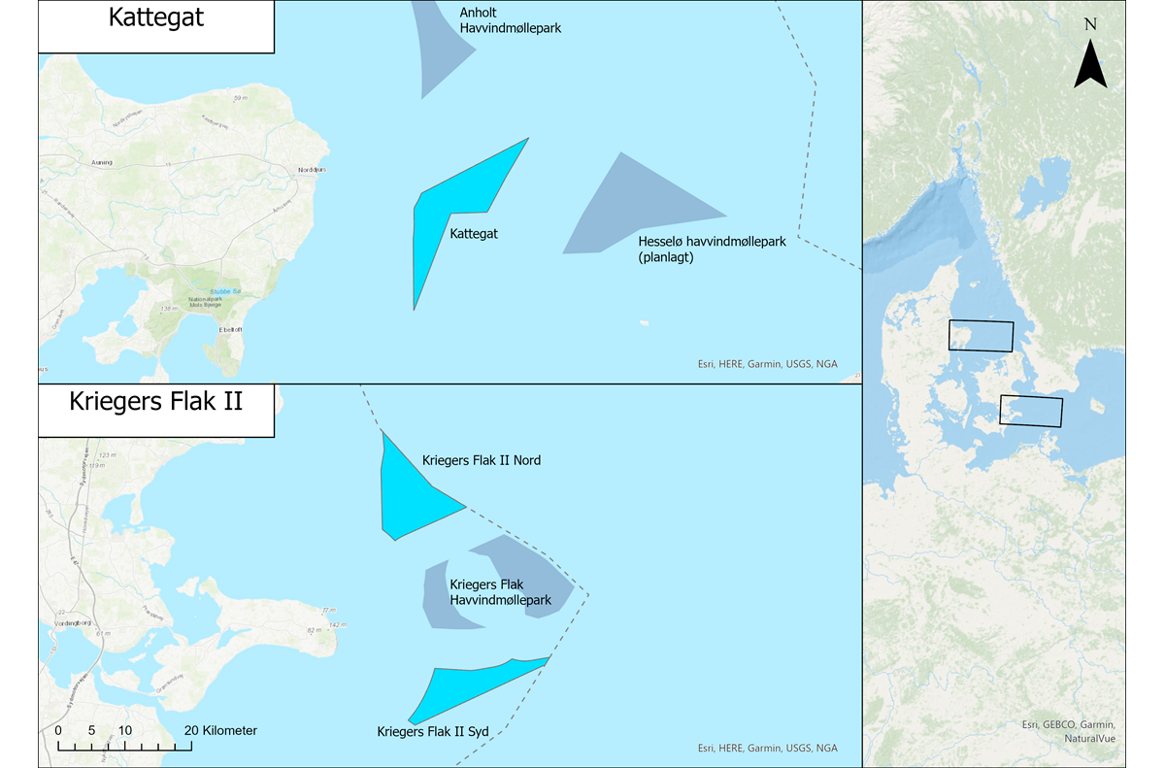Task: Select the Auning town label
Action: pos(101,163)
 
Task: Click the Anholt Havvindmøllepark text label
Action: pos(510,21)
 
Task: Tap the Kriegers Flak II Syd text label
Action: pos(426,731)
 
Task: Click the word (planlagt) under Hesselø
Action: pos(667,257)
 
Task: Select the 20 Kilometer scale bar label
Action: pos(219,730)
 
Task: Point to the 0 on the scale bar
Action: pos(58,730)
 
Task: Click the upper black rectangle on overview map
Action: pos(981,336)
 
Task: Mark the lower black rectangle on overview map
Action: pos(1031,412)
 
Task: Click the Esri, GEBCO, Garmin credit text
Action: pos(1069,725)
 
